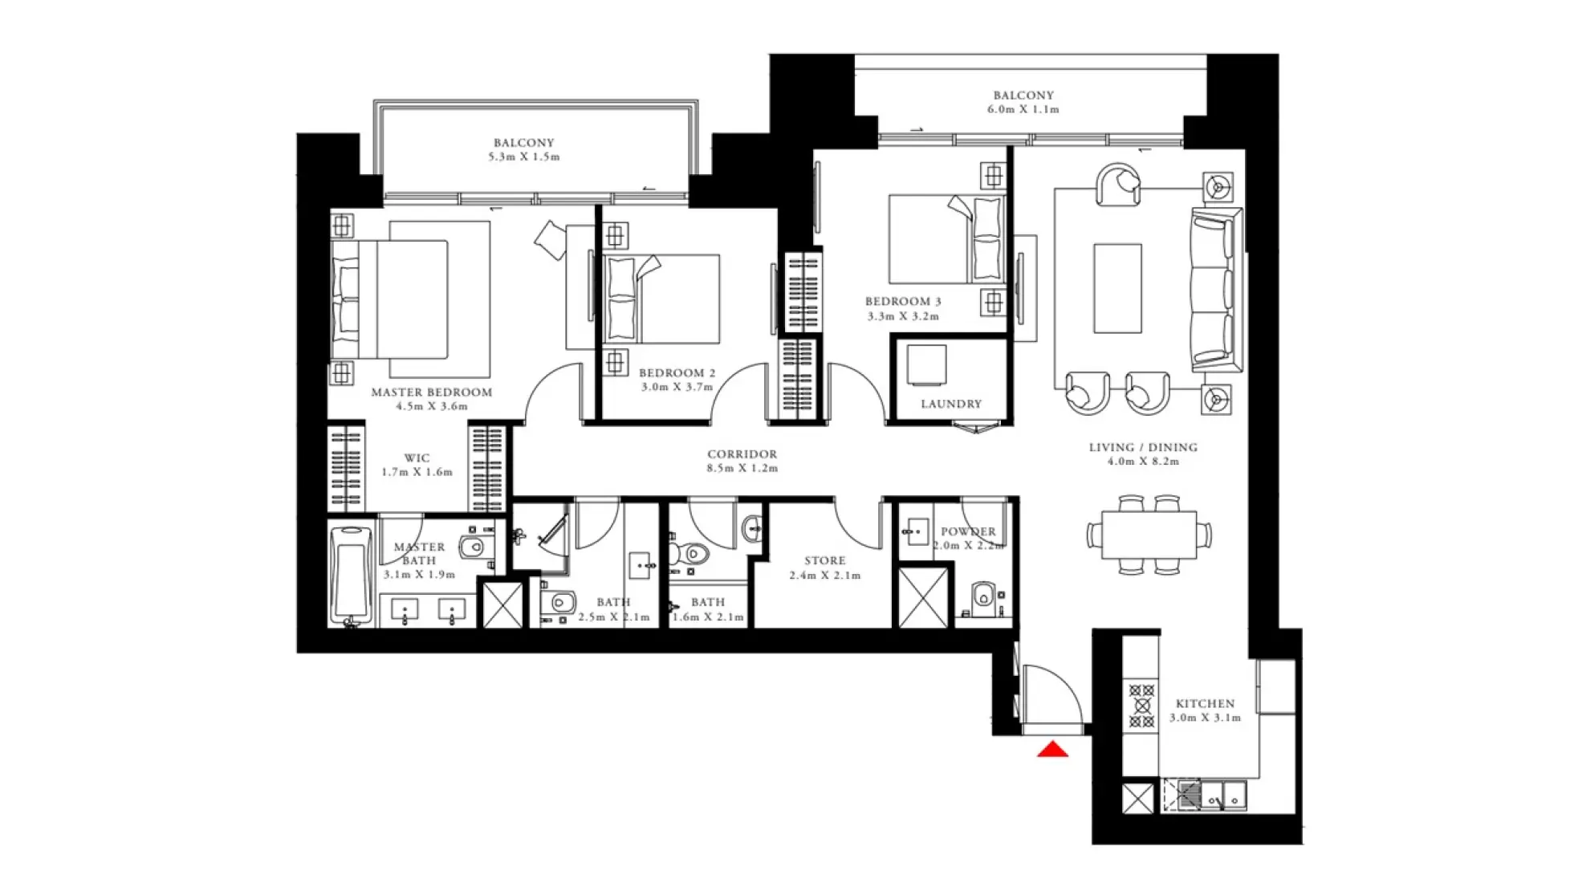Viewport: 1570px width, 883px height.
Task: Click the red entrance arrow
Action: click(1052, 751)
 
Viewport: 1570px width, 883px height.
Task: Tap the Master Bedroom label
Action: click(431, 393)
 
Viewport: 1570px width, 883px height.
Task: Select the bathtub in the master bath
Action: click(351, 574)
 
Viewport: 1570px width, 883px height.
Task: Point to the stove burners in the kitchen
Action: click(1141, 706)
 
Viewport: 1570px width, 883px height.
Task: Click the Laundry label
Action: click(951, 404)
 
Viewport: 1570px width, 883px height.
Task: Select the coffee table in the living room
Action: click(1116, 288)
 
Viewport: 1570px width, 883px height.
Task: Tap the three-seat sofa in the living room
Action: click(1214, 289)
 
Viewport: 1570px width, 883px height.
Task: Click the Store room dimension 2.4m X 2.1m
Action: click(824, 576)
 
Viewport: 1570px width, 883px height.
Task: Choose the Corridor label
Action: click(742, 454)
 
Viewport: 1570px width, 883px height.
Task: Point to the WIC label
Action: click(417, 458)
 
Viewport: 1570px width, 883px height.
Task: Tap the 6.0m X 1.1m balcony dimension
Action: click(1023, 109)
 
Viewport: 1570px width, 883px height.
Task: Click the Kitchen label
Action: click(1205, 703)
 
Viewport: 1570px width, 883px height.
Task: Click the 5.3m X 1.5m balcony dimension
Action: click(523, 157)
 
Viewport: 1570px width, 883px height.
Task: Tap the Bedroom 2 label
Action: click(677, 373)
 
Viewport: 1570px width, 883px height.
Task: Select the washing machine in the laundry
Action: click(926, 366)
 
